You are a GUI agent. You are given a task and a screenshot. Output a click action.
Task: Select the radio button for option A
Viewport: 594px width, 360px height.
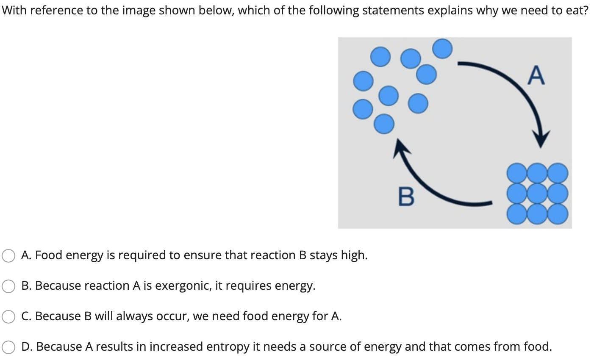[8, 255]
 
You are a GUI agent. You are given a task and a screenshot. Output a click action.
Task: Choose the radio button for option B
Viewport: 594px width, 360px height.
[8, 286]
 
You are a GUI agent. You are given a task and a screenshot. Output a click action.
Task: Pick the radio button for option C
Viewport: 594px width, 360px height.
[8, 317]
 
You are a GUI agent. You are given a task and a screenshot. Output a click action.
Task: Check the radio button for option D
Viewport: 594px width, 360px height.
[8, 347]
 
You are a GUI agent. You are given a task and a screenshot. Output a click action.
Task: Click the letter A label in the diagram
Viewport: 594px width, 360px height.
[536, 75]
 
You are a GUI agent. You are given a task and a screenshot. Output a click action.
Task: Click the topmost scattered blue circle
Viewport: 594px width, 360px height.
[442, 48]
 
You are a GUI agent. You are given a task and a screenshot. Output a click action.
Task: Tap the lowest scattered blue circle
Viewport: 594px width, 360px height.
[384, 124]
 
